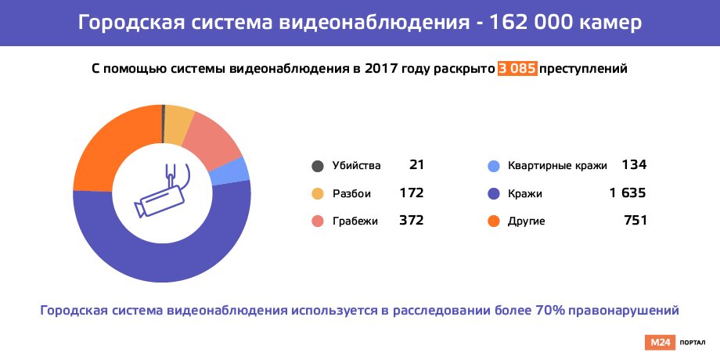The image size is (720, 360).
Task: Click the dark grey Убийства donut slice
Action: pos(163,123)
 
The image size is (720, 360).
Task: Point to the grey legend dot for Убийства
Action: pos(317,166)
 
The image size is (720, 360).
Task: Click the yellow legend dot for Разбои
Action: pos(317,193)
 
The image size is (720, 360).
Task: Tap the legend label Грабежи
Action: pos(355,221)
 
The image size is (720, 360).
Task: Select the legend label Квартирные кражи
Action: pos(557,166)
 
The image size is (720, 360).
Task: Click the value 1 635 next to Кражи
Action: pos(627,193)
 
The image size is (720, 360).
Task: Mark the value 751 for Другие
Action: pos(634,221)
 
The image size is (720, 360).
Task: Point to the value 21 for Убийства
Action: pos(416,165)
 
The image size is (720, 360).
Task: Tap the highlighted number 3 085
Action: pos(517,69)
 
